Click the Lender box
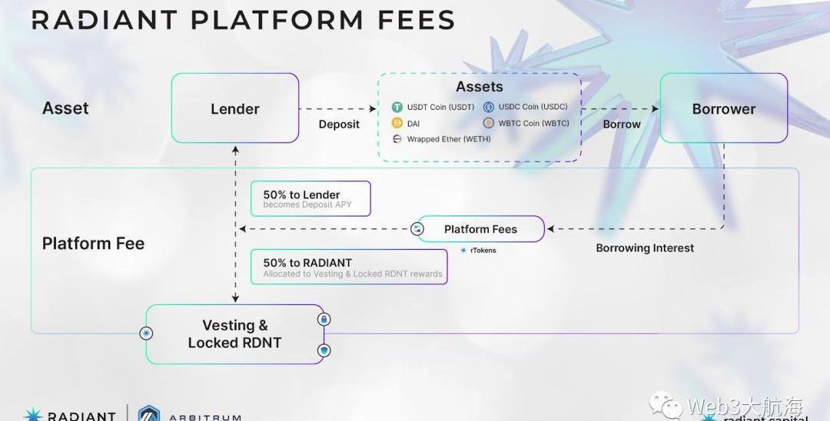[235, 108]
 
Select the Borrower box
[723, 108]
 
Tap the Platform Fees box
[480, 229]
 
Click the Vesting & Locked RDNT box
[234, 334]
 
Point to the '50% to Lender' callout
[310, 199]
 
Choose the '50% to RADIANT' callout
[349, 267]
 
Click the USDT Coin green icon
[397, 108]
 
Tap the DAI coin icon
[397, 123]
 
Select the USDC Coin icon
[488, 108]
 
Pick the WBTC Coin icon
[488, 123]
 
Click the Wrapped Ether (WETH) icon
[397, 139]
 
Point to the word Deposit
[339, 124]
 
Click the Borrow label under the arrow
[622, 124]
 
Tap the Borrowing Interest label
[645, 248]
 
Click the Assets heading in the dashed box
[480, 87]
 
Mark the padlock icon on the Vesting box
[324, 319]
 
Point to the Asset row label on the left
[65, 108]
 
